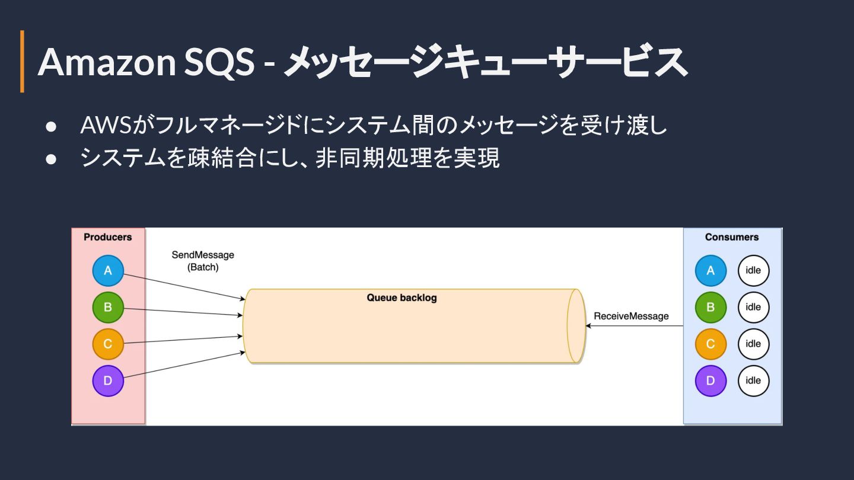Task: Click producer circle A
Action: click(108, 271)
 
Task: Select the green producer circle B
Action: click(108, 308)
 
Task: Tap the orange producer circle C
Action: click(108, 344)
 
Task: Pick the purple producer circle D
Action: click(108, 380)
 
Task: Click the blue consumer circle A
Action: click(710, 271)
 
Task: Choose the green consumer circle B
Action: click(710, 308)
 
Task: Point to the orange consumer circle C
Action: click(710, 344)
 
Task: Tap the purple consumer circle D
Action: click(710, 380)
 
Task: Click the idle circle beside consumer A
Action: click(753, 271)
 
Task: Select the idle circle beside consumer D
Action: click(753, 380)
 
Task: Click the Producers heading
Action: click(108, 237)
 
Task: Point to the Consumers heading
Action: click(732, 237)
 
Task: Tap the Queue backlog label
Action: click(401, 297)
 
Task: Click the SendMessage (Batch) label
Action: click(203, 261)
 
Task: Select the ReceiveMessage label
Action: click(631, 316)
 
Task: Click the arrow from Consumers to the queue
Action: click(635, 326)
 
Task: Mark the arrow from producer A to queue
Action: click(184, 287)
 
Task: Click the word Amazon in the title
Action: click(107, 62)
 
